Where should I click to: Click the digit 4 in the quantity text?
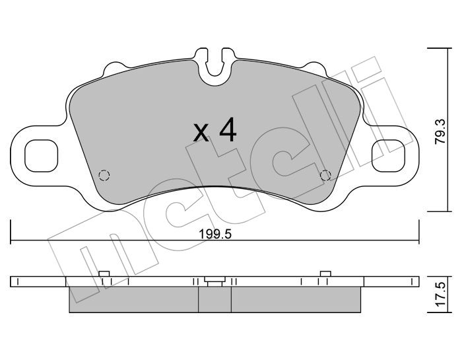(x=226, y=131)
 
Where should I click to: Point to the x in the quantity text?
(x=201, y=133)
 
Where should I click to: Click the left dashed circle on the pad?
(x=103, y=175)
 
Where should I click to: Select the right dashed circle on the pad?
(x=325, y=175)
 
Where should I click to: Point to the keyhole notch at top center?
(x=215, y=66)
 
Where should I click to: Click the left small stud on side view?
(x=103, y=274)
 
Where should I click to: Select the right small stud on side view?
(x=325, y=274)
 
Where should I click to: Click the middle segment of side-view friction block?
(x=214, y=300)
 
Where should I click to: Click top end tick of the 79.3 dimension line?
(x=434, y=48)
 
